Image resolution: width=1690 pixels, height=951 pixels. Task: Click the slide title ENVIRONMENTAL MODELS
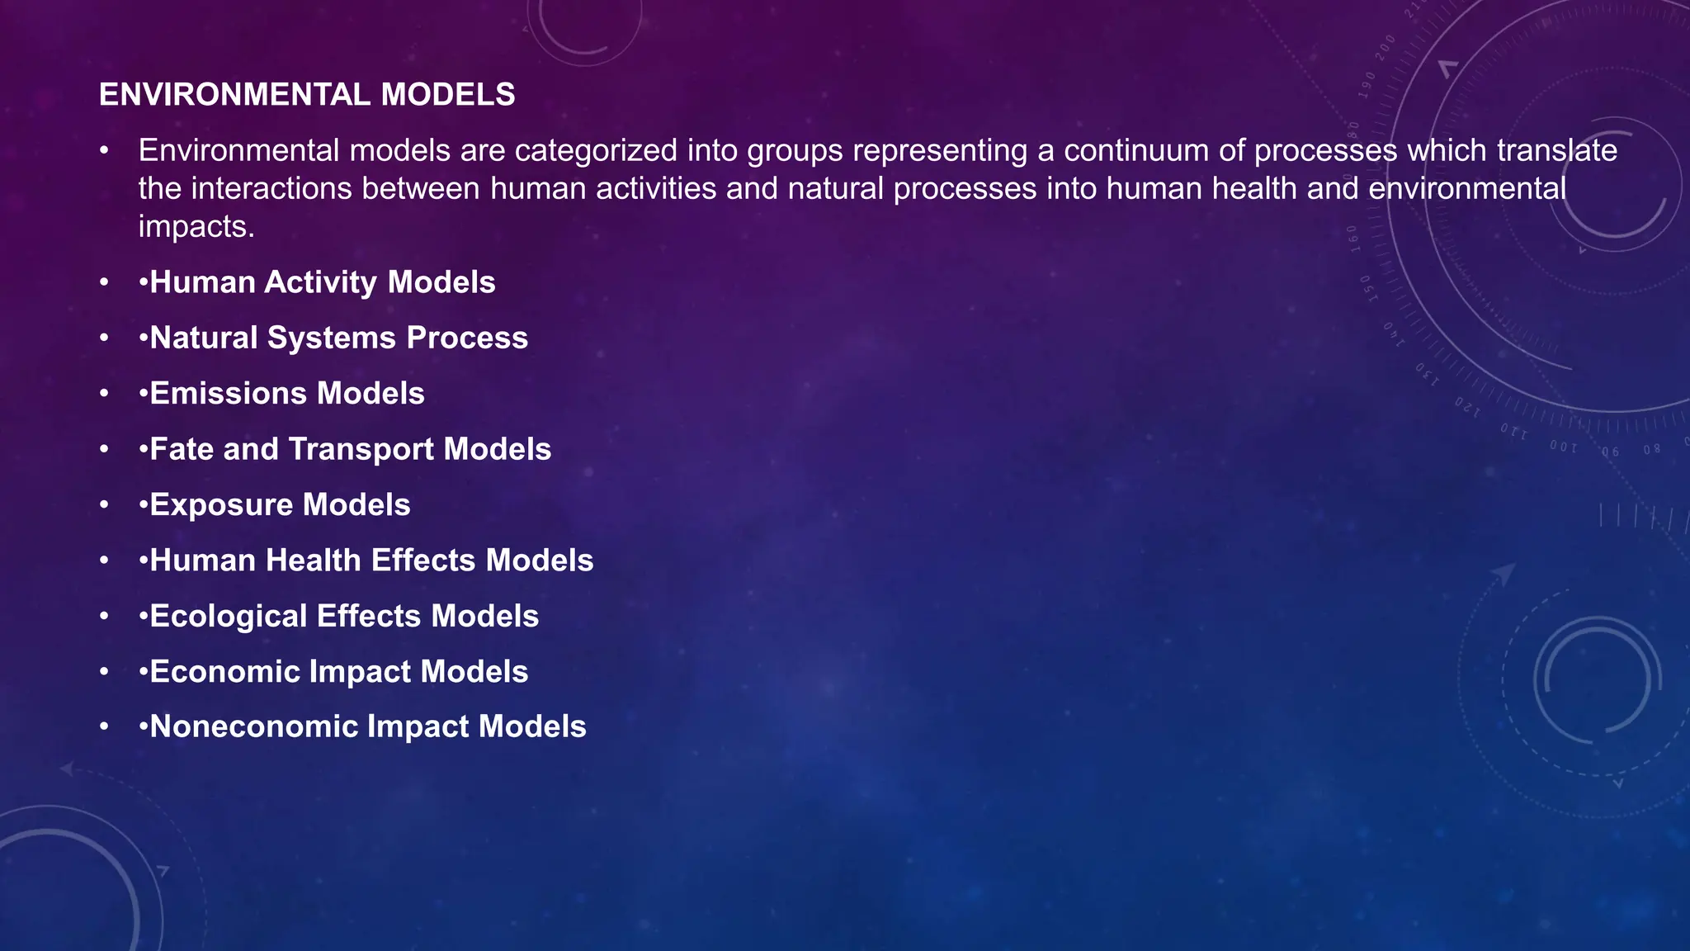(307, 95)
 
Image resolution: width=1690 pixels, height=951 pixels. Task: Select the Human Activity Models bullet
(322, 282)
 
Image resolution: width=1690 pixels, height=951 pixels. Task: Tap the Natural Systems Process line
(338, 338)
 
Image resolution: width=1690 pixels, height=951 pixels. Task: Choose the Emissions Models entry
(286, 393)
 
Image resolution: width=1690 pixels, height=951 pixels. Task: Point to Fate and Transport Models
(350, 449)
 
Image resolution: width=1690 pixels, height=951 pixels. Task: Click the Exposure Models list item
(280, 504)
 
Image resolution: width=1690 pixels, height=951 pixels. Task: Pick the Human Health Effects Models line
(371, 561)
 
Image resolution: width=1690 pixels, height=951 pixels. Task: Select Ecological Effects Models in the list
(344, 616)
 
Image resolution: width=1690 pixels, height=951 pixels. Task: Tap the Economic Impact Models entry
(338, 671)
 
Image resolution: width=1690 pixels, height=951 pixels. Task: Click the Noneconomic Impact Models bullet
(367, 726)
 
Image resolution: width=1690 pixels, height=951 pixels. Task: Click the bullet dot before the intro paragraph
(104, 151)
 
